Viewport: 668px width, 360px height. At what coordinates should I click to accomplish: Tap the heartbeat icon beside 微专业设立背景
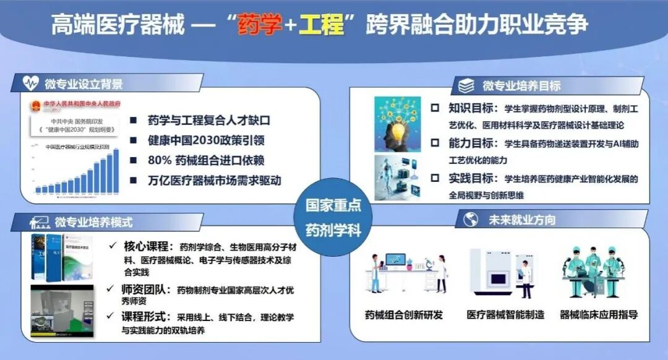(32, 84)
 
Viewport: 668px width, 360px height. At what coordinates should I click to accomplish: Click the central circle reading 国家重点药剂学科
(333, 217)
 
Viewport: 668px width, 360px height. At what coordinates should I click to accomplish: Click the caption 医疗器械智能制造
(505, 315)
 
